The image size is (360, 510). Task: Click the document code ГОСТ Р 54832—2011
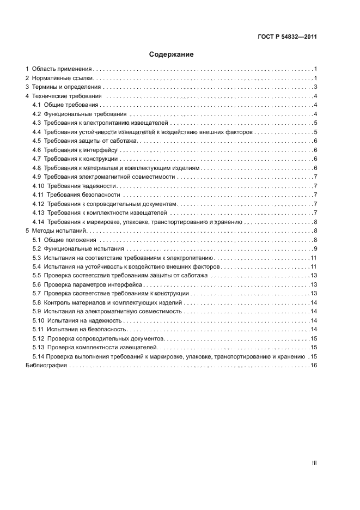pyautogui.click(x=288, y=38)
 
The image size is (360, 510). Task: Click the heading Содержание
pyautogui.click(x=172, y=54)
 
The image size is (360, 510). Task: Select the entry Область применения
pyautogui.click(x=61, y=69)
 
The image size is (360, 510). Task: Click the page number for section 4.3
pyautogui.click(x=315, y=123)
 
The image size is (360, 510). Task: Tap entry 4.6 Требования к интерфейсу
pyautogui.click(x=78, y=150)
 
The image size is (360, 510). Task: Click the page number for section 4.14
pyautogui.click(x=315, y=222)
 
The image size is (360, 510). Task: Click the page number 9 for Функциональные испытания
pyautogui.click(x=315, y=249)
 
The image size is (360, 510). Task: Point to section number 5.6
pyautogui.click(x=37, y=285)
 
